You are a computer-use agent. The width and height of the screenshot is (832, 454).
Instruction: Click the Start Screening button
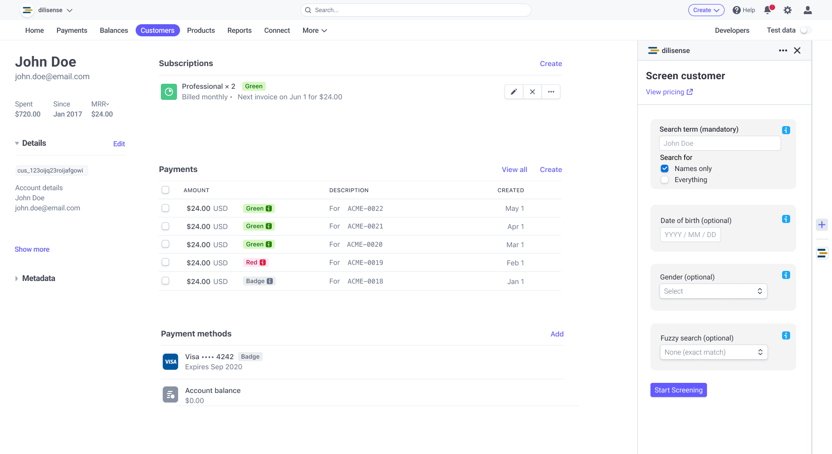tap(678, 390)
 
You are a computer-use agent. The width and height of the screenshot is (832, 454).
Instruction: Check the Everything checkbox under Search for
tap(665, 180)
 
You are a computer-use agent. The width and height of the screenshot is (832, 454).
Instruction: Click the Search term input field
tap(720, 143)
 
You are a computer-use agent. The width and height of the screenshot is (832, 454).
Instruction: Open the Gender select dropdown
tap(713, 291)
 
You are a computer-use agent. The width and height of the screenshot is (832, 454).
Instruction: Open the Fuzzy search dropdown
tap(714, 352)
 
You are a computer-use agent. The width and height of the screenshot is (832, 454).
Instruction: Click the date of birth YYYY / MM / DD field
tap(690, 235)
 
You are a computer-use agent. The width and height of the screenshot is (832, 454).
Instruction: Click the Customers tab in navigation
tap(157, 30)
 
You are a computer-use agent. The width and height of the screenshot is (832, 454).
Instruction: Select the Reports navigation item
tap(239, 30)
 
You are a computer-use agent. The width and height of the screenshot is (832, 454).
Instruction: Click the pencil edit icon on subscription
tap(513, 92)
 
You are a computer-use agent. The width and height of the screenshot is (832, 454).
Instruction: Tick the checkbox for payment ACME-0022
tap(165, 208)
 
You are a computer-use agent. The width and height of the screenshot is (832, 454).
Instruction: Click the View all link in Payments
tap(514, 169)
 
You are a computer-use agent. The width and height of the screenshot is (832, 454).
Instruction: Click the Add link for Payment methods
tap(557, 334)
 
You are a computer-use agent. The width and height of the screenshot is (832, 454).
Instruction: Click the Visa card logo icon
tap(170, 362)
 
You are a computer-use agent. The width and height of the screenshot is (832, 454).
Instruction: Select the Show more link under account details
tap(32, 249)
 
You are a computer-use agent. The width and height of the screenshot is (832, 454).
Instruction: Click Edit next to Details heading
tap(119, 144)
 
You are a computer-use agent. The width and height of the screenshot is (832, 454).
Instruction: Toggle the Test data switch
tap(805, 30)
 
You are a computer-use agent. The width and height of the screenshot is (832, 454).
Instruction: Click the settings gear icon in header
tap(787, 10)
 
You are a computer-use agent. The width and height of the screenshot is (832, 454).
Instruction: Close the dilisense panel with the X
tap(797, 50)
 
